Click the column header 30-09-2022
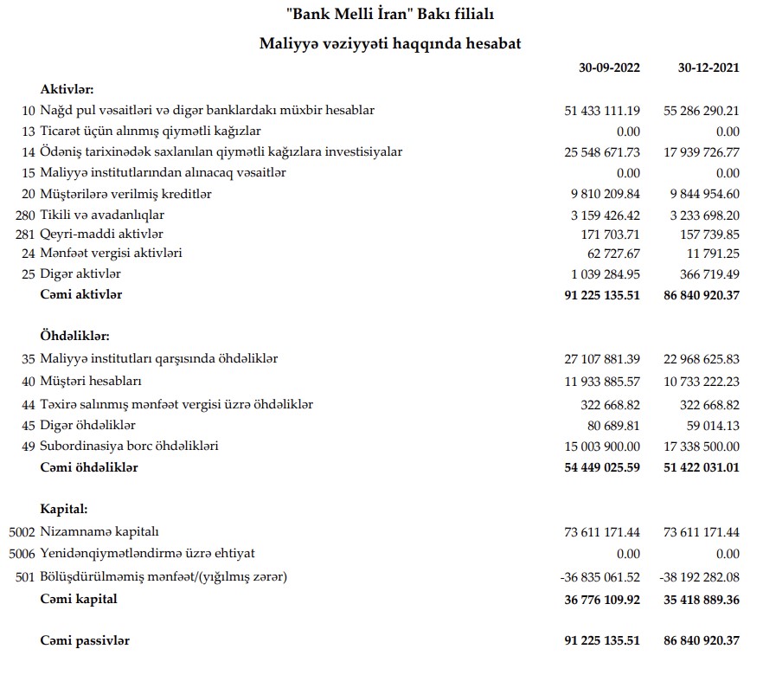(x=609, y=68)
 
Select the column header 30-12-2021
(x=708, y=68)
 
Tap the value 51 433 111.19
(x=602, y=111)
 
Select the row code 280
(x=25, y=215)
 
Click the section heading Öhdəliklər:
(x=74, y=336)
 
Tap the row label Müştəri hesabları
(x=91, y=381)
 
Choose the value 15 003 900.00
(x=602, y=447)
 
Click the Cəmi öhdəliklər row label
(x=89, y=467)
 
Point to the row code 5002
(x=22, y=531)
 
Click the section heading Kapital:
(x=64, y=509)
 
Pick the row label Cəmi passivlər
(x=85, y=640)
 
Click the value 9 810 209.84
(x=605, y=194)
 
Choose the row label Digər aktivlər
(x=80, y=274)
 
